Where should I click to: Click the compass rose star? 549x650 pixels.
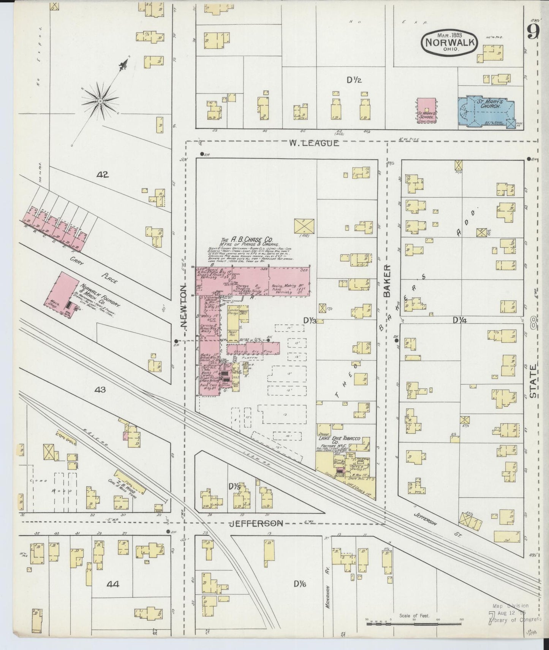(100, 101)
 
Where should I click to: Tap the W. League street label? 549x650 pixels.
(313, 143)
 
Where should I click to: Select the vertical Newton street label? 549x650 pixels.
(184, 307)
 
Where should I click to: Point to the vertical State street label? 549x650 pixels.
(533, 381)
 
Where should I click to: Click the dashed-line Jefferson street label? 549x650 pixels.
(257, 523)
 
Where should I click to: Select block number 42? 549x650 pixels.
(103, 175)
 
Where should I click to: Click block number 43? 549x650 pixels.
(100, 390)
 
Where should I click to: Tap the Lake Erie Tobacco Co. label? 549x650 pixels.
(339, 441)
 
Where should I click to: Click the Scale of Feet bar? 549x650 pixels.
(414, 624)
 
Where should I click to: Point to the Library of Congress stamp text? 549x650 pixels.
(515, 620)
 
